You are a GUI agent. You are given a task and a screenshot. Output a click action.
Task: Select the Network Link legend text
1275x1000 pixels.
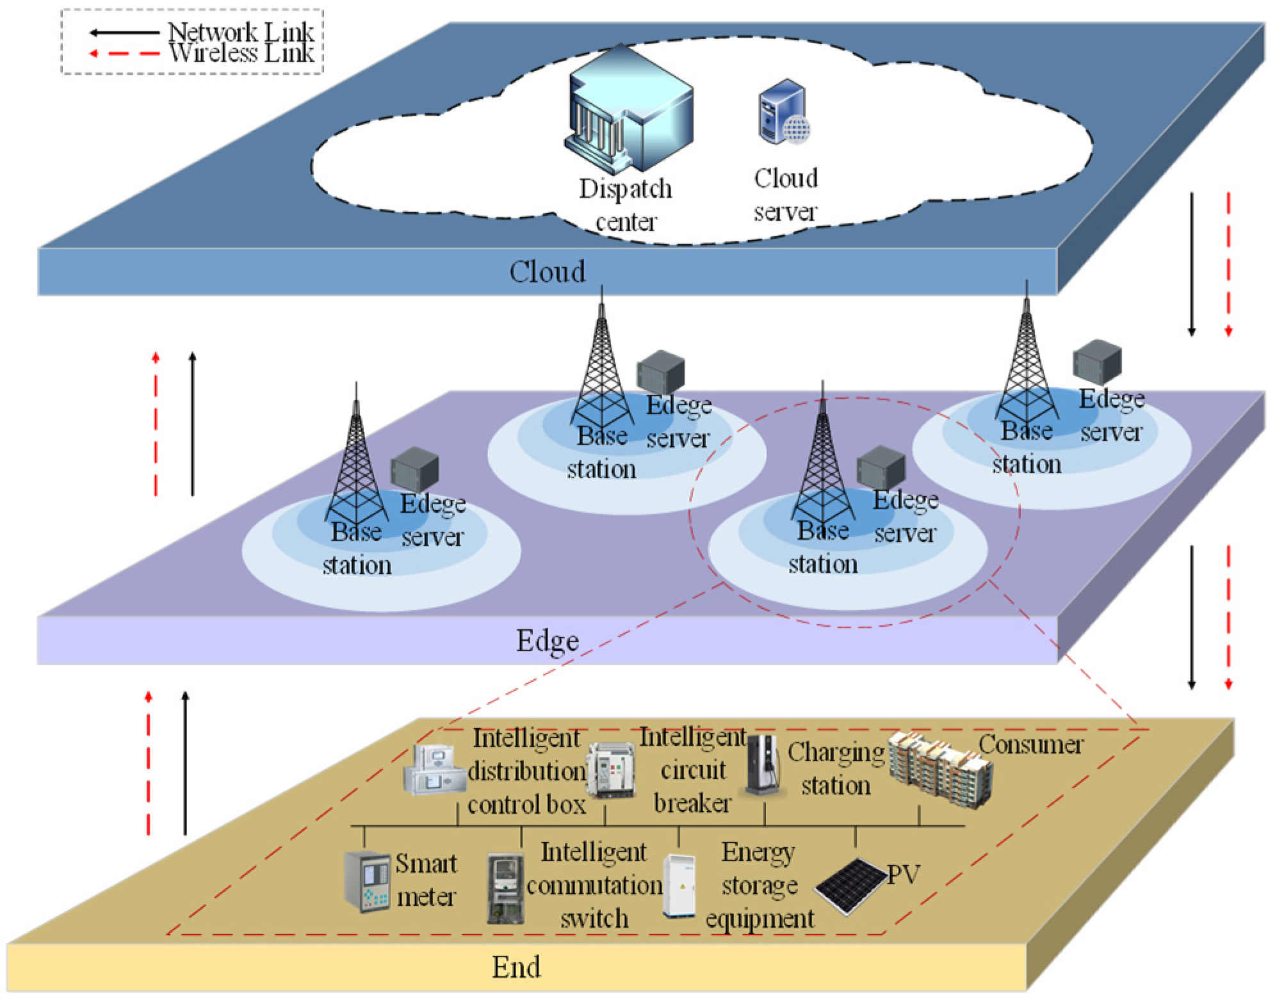tap(240, 31)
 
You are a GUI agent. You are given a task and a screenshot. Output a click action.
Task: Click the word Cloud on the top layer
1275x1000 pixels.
tap(547, 272)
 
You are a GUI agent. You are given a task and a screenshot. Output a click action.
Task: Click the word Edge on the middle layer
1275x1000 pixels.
tap(547, 641)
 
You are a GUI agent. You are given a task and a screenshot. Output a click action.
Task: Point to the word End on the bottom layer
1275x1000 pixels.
tap(516, 967)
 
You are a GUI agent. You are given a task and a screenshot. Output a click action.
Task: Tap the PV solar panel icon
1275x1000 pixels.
tap(849, 886)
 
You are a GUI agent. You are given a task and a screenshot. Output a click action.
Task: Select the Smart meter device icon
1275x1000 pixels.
tap(366, 881)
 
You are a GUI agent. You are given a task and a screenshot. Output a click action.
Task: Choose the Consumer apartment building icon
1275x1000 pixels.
tap(939, 771)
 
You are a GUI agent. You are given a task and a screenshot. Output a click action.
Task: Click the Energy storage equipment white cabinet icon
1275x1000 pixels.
tap(679, 885)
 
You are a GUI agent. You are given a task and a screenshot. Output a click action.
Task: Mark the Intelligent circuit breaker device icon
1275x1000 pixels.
tap(610, 770)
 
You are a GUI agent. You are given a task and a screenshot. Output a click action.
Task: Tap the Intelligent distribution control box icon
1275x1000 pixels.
tap(434, 770)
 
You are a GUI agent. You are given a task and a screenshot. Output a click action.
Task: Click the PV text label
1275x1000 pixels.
tap(903, 875)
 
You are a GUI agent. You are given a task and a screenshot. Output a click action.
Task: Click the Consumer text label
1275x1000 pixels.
tap(1030, 745)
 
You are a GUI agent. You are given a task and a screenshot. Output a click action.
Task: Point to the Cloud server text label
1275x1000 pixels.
tap(786, 195)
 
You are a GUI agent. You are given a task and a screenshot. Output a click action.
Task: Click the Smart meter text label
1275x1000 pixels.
tap(426, 880)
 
